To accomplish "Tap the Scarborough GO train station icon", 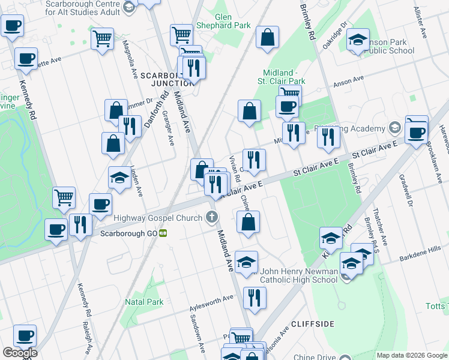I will tap(163, 233).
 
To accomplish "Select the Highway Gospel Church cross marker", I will tap(211, 217).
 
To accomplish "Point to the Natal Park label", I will tap(144, 302).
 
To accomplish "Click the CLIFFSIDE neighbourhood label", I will tap(312, 324).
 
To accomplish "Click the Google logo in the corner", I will tap(20, 353).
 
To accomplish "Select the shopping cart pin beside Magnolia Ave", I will tap(103, 39).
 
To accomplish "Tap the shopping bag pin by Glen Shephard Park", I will tap(267, 37).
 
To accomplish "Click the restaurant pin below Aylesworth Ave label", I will tap(255, 297).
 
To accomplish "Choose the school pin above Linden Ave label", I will tap(119, 177).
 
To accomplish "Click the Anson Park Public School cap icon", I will tap(358, 40).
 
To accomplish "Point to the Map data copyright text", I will tap(412, 355).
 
